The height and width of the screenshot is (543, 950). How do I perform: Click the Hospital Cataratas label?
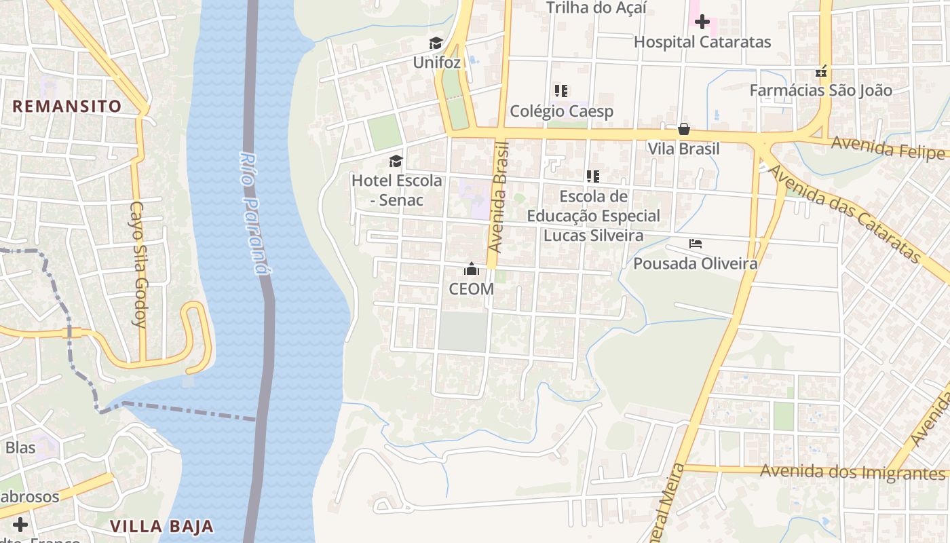(702, 42)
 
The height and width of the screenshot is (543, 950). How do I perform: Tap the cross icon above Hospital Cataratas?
(702, 22)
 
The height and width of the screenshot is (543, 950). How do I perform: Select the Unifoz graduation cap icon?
(436, 43)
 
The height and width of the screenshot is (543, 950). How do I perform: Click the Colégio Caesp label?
(561, 111)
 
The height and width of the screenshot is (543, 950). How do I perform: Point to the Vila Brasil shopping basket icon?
(684, 129)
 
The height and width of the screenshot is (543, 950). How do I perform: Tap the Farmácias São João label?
(820, 90)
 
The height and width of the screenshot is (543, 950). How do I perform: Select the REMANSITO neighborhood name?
(66, 107)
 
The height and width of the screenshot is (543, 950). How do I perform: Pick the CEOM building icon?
(472, 269)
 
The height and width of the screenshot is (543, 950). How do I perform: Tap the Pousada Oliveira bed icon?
(695, 244)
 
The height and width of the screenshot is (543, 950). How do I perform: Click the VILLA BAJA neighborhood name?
(161, 526)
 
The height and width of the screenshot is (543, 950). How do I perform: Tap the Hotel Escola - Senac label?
(397, 190)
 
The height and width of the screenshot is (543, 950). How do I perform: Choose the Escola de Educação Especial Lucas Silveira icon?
(593, 176)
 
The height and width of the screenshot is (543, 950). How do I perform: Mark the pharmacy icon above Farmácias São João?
(821, 71)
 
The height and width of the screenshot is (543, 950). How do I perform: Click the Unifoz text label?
(437, 63)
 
